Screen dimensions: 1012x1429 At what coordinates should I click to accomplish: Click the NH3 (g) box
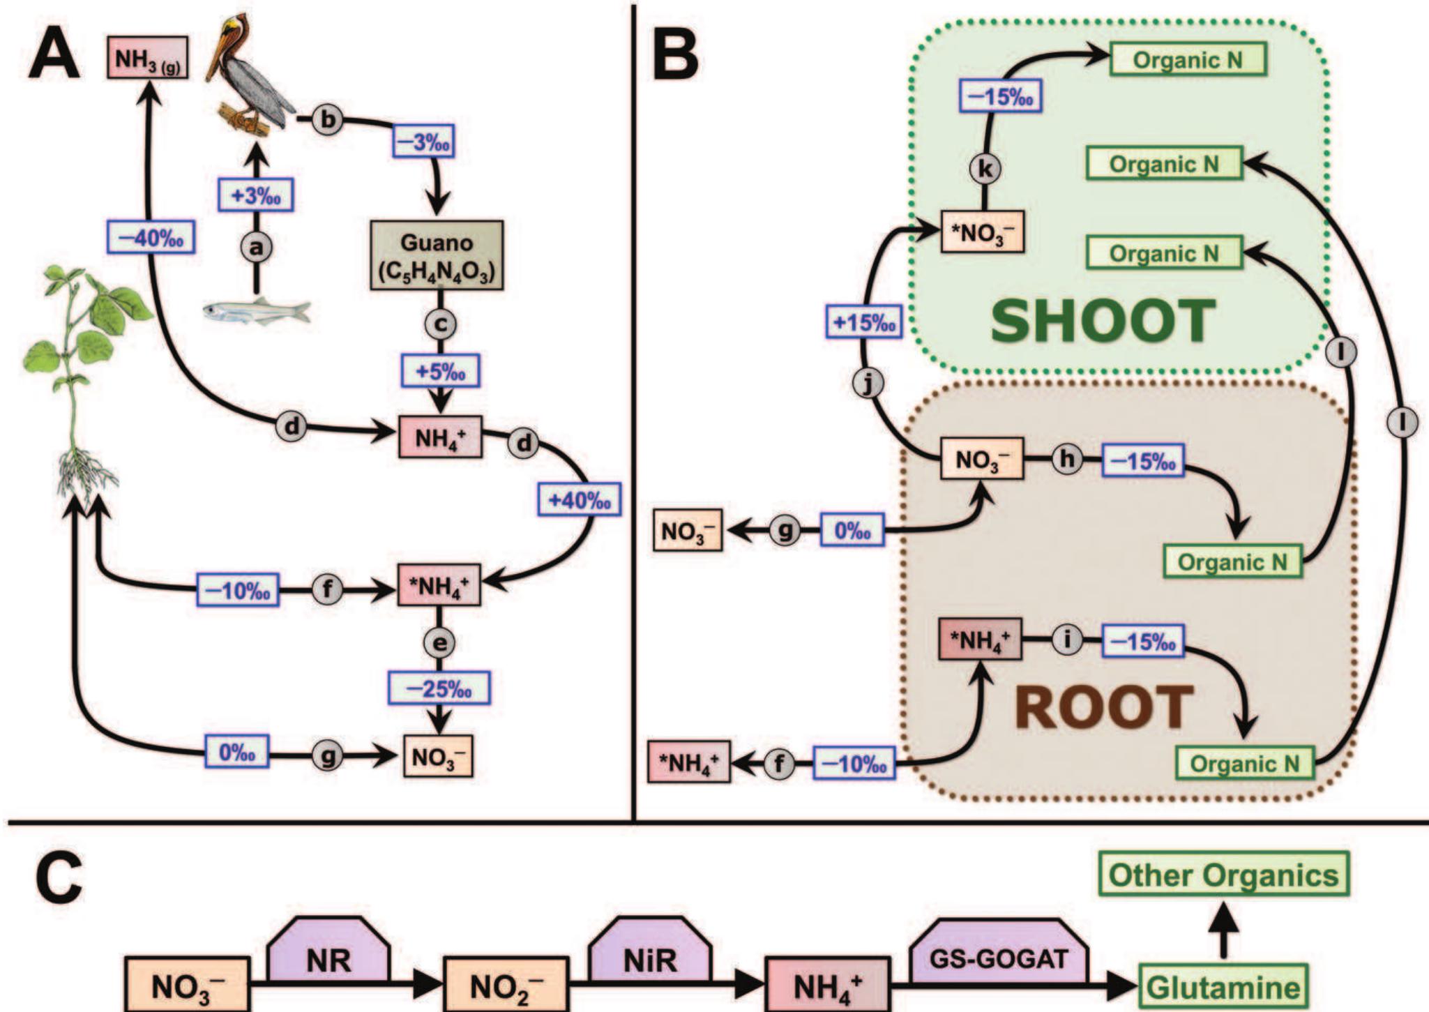pyautogui.click(x=147, y=58)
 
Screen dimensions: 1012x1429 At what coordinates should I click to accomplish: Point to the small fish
pyautogui.click(x=257, y=311)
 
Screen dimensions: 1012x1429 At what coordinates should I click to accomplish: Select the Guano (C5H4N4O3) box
pyautogui.click(x=437, y=255)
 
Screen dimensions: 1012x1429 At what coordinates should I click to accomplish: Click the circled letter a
pyautogui.click(x=257, y=247)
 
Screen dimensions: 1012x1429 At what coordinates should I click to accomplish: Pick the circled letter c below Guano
pyautogui.click(x=440, y=324)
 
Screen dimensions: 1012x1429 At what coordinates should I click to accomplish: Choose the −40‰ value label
pyautogui.click(x=151, y=237)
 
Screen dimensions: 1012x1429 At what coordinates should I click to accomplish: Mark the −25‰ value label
pyautogui.click(x=439, y=688)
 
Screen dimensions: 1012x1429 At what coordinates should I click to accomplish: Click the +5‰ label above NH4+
pyautogui.click(x=440, y=370)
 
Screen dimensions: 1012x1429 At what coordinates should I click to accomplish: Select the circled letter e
pyautogui.click(x=439, y=642)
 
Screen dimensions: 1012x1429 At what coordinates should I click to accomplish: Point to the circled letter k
pyautogui.click(x=985, y=168)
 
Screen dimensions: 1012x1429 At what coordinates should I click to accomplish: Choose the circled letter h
pyautogui.click(x=1067, y=459)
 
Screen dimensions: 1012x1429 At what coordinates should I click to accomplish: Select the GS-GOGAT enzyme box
pyautogui.click(x=999, y=959)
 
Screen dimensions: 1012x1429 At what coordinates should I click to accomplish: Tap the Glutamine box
pyautogui.click(x=1223, y=988)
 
